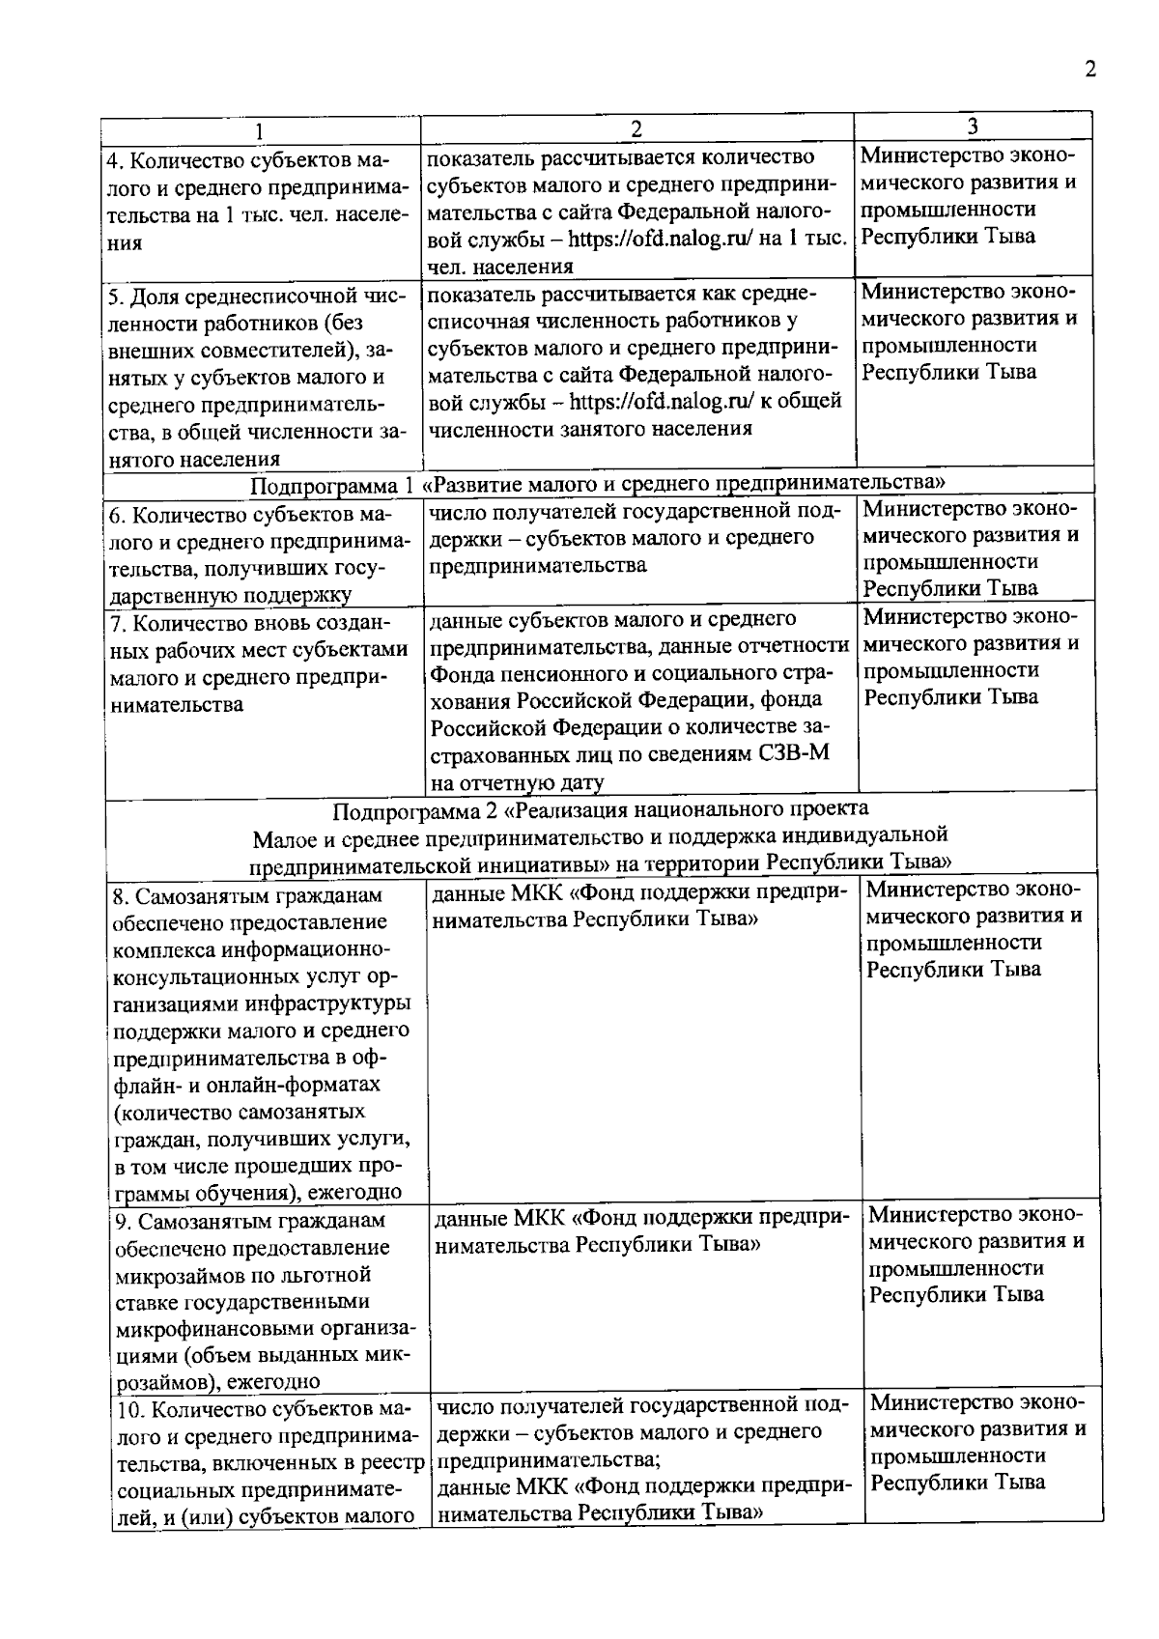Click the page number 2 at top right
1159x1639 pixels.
coord(1090,70)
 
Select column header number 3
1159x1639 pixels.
coord(973,127)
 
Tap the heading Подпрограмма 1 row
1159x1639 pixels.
coord(598,482)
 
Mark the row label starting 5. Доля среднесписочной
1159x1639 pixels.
coord(257,376)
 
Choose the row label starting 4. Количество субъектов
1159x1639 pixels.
coord(257,200)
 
